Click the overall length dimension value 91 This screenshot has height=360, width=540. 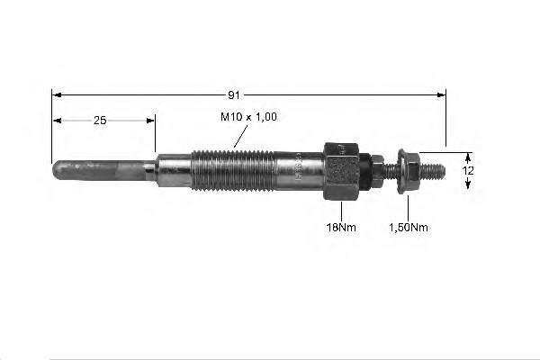(234, 95)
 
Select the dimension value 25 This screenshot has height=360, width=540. (100, 121)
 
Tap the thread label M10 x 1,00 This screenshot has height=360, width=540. (248, 117)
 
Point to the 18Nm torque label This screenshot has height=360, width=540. (341, 228)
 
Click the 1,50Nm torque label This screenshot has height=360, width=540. (409, 228)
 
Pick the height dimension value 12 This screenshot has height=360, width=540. (468, 170)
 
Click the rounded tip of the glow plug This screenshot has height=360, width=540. (59, 170)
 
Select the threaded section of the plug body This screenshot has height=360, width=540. (233, 171)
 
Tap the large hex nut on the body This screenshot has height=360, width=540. (342, 171)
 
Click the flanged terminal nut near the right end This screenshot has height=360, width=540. (408, 171)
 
